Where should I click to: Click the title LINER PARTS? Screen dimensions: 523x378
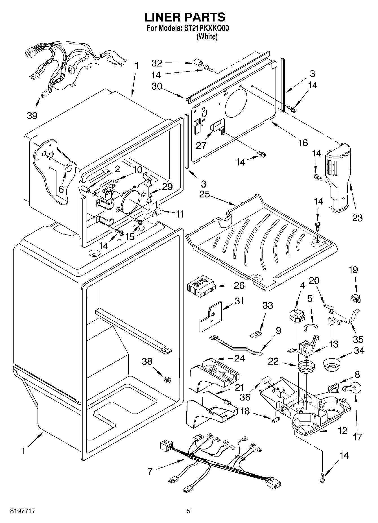[185, 18]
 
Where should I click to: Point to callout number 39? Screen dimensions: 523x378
[32, 115]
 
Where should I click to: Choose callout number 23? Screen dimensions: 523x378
[357, 218]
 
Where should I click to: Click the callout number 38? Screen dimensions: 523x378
[147, 361]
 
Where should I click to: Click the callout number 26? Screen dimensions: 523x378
[239, 286]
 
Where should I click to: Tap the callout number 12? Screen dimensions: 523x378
[342, 431]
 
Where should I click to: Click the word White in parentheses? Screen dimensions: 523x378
[207, 37]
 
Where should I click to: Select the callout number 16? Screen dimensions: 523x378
[303, 143]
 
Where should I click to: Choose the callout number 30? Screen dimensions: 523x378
[157, 86]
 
